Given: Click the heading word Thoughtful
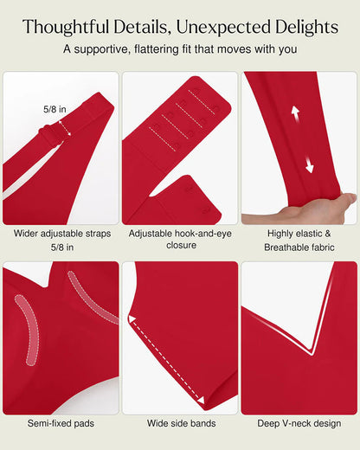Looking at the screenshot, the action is point(66,27).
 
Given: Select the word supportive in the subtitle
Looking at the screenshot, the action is point(102,49).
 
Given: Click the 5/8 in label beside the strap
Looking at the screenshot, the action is point(55,109).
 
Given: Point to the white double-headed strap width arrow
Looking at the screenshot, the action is point(65,128).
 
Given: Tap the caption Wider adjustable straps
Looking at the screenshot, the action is point(62,234).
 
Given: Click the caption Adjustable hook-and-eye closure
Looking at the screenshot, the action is point(180,239).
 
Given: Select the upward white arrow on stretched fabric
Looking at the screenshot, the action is point(295,113).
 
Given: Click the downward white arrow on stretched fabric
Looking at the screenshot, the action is point(309,165).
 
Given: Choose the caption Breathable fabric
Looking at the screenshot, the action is point(299,247).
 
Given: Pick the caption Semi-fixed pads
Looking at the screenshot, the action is point(61,423).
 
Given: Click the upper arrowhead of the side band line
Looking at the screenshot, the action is point(132,319).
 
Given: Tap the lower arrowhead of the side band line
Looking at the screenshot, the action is point(201,400).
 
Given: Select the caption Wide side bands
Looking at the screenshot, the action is point(182,423).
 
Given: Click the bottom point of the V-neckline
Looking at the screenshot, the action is point(312,354).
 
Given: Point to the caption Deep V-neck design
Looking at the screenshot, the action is point(299,423).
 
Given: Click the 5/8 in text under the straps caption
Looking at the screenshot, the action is point(62,247).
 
